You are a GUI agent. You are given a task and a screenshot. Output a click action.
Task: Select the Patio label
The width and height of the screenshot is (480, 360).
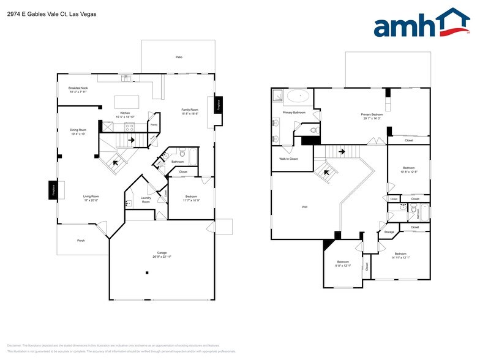tap(179, 57)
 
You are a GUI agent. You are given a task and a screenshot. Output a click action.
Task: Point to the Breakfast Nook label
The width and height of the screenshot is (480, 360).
tap(77, 89)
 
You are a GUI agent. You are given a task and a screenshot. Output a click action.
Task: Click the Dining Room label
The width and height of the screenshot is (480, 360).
tap(78, 132)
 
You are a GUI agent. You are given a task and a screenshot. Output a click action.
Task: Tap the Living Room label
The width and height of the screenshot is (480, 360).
tap(91, 198)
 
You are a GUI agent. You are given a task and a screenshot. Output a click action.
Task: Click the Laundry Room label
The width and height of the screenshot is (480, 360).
tap(146, 200)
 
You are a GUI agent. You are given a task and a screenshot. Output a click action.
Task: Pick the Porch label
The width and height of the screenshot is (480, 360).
tap(81, 241)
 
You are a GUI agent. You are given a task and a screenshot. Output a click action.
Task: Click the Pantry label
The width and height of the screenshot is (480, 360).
tap(154, 125)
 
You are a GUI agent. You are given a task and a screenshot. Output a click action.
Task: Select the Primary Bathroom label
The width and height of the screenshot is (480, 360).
tap(294, 113)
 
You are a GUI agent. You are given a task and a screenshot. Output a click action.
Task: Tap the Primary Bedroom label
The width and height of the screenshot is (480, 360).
tap(371, 116)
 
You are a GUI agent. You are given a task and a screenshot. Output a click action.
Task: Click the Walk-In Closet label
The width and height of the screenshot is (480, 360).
tap(288, 159)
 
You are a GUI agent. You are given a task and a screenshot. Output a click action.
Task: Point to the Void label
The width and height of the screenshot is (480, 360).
tap(304, 207)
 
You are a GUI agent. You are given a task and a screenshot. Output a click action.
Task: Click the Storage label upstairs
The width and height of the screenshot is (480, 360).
tap(389, 233)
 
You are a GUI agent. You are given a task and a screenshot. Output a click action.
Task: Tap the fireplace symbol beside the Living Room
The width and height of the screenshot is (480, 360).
tap(53, 190)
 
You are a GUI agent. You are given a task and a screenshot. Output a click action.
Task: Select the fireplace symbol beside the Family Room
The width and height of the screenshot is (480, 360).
tap(217, 105)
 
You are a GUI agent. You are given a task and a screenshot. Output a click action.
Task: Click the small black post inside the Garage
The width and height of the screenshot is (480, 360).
tap(147, 273)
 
